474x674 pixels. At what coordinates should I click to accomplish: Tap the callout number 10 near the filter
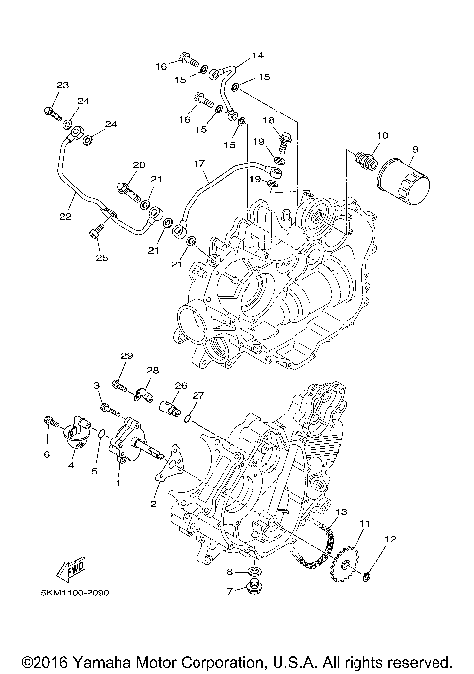(x=382, y=135)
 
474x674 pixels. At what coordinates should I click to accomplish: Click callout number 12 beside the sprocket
(x=389, y=539)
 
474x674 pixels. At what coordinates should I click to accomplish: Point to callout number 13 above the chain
(x=341, y=513)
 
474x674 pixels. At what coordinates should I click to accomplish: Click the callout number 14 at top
(x=230, y=55)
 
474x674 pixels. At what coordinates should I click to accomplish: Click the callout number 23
(x=61, y=86)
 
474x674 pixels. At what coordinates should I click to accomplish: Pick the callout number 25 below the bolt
(x=99, y=258)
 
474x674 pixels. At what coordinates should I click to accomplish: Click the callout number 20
(x=138, y=164)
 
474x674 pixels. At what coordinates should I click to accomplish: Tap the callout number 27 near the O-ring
(x=197, y=395)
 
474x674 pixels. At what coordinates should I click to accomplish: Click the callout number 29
(x=125, y=355)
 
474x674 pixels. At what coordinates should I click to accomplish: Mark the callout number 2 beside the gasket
(x=153, y=504)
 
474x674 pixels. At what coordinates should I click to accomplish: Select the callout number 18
(x=268, y=119)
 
